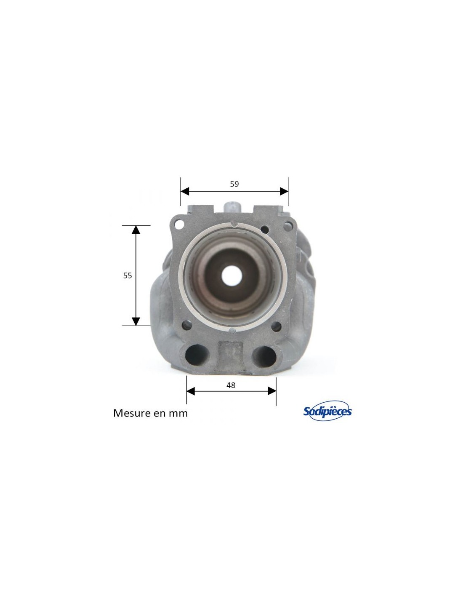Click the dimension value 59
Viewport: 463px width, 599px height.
[x=234, y=184]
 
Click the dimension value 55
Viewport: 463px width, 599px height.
[x=128, y=275]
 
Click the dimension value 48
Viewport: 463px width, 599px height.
[x=231, y=385]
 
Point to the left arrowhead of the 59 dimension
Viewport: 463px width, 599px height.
[x=185, y=191]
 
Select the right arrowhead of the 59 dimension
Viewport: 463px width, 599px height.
[x=284, y=191]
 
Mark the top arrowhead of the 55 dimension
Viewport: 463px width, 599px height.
[x=136, y=229]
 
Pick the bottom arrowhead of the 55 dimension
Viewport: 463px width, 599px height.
[x=136, y=321]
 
